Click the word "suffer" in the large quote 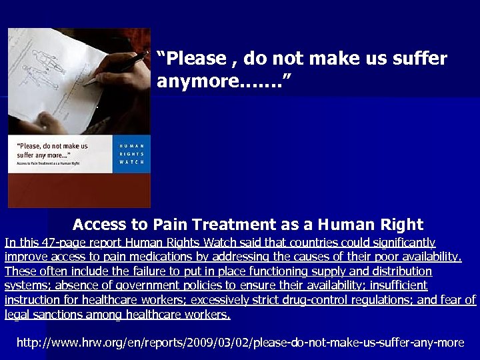point(416,59)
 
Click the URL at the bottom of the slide point(240,343)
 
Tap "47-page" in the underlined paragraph point(54,243)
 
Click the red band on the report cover point(79,190)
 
